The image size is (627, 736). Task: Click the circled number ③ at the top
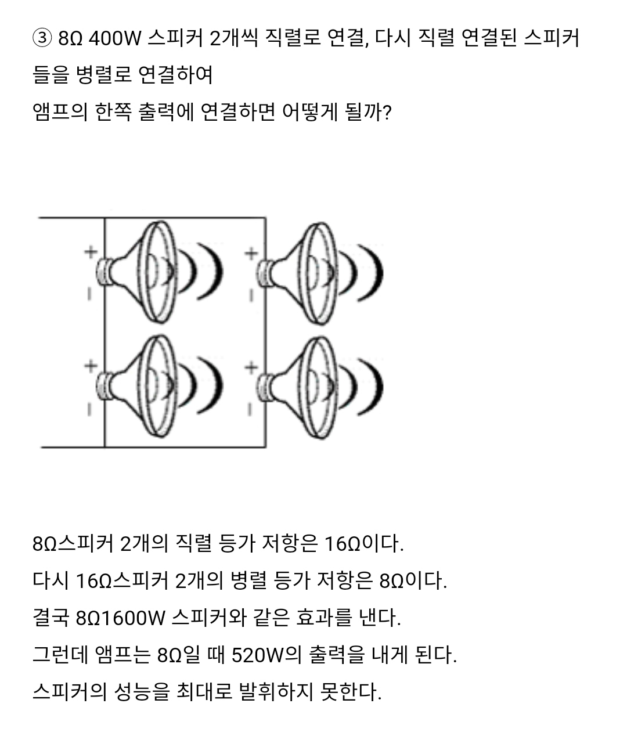point(42,39)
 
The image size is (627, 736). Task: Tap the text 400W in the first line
point(116,39)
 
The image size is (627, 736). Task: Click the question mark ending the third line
point(386,111)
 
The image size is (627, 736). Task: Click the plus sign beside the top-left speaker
point(90,252)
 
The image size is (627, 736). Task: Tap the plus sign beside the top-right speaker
point(251,253)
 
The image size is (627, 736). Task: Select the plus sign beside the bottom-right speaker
point(251,367)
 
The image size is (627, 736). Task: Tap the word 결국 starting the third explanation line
point(51,618)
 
